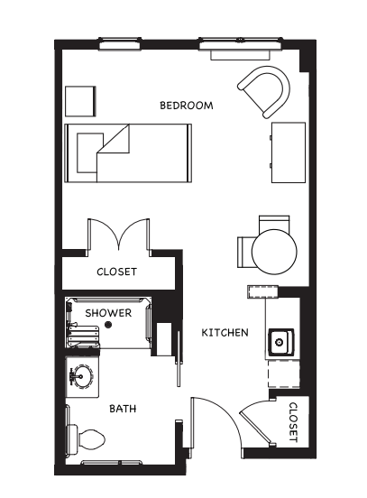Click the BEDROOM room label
[187, 106]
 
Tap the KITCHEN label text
[225, 333]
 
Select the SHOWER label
[108, 313]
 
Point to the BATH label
[123, 408]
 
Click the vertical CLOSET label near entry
[293, 423]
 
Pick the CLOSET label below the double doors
[117, 272]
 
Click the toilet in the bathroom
[86, 440]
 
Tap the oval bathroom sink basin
[81, 377]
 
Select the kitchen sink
[280, 343]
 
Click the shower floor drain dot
[108, 324]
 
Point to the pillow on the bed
[90, 152]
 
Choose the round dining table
[274, 252]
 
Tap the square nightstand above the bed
[80, 101]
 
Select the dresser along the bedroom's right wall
[289, 152]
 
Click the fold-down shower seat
[83, 337]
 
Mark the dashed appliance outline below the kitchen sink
[284, 373]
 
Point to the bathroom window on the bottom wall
[112, 463]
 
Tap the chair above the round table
[274, 223]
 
